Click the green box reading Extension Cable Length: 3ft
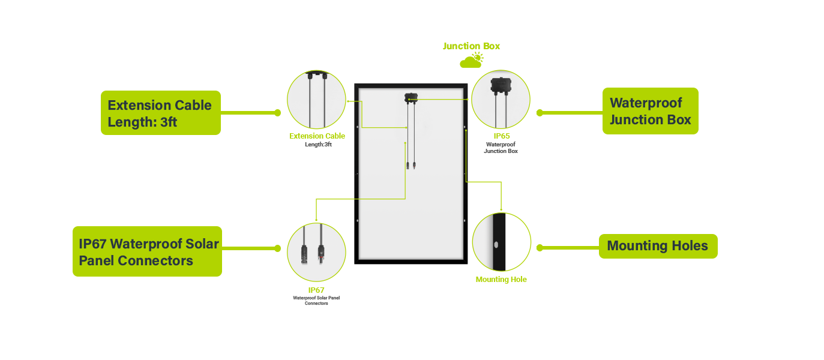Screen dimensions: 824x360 click(x=160, y=113)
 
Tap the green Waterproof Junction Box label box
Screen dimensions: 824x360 click(x=650, y=111)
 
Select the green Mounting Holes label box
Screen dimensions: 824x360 click(x=658, y=246)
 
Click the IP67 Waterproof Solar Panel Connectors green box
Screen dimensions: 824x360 click(x=147, y=251)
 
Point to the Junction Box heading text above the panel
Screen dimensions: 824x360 click(x=471, y=46)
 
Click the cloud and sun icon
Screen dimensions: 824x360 click(x=471, y=60)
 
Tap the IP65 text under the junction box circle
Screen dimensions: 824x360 click(x=501, y=136)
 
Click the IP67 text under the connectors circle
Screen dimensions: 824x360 click(x=316, y=290)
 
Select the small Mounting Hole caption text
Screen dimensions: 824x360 click(x=501, y=280)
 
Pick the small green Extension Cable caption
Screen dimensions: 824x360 click(x=317, y=136)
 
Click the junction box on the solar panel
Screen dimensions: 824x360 click(x=411, y=97)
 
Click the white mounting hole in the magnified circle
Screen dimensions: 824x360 click(x=496, y=245)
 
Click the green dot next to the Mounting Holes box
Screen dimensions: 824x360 click(x=540, y=248)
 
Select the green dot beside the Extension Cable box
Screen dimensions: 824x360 click(x=277, y=113)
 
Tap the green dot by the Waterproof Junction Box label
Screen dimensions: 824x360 click(x=540, y=113)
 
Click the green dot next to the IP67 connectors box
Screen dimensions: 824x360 click(x=277, y=248)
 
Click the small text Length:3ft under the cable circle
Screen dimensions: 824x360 click(x=318, y=144)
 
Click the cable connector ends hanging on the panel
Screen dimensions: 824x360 click(x=411, y=164)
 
